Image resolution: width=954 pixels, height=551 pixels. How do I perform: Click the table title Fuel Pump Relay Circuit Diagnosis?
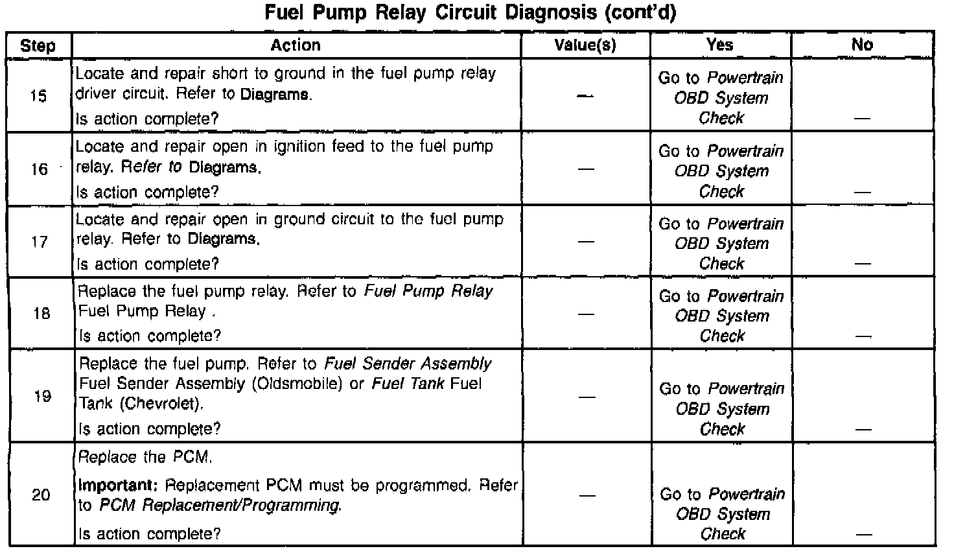tap(470, 14)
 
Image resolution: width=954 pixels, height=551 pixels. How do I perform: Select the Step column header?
tap(38, 45)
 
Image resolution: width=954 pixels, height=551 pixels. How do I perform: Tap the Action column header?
tap(296, 45)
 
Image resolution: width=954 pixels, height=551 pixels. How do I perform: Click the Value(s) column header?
tap(585, 45)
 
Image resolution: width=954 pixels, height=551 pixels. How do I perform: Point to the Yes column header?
tap(720, 44)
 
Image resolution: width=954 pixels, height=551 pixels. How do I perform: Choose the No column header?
tap(862, 44)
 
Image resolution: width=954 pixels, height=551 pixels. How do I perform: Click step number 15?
tap(39, 97)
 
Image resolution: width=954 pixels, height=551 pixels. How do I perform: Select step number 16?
tap(40, 169)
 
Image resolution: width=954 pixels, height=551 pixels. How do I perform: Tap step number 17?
tap(40, 242)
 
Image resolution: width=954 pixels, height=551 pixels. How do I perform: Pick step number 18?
tap(41, 314)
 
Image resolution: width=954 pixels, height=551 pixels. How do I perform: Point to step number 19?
tap(41, 395)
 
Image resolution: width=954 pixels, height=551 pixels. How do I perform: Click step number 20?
tap(41, 495)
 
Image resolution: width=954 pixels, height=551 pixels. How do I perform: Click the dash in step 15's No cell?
tap(862, 119)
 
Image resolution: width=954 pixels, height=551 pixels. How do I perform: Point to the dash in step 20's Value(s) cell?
tap(587, 496)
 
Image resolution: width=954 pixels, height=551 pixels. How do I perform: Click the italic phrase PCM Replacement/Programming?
tap(220, 506)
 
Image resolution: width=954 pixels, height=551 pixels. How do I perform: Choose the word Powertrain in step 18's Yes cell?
tap(746, 296)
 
